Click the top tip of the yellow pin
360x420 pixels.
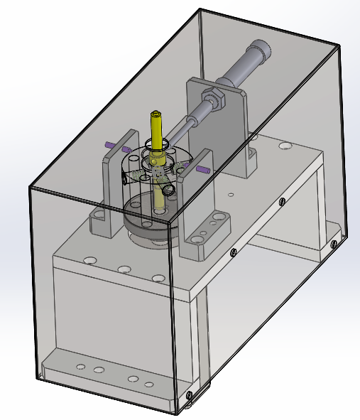tap(156, 112)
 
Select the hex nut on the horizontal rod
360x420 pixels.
tap(214, 99)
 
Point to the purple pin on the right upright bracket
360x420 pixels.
tap(202, 170)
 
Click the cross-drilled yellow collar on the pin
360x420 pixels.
tap(158, 166)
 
